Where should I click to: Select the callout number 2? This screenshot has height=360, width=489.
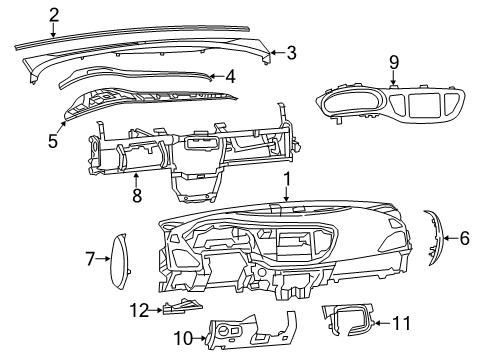pos(53,14)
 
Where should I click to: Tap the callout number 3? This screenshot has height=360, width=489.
pos(291,53)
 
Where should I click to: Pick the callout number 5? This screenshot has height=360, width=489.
pos(53,140)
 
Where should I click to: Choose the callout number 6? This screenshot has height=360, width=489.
pos(463,238)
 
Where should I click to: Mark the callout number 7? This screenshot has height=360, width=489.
pos(89,260)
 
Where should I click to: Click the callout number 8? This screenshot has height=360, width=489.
pos(137,196)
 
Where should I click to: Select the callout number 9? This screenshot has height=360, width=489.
pos(393,62)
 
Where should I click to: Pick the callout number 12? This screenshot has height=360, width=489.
pos(142,310)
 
